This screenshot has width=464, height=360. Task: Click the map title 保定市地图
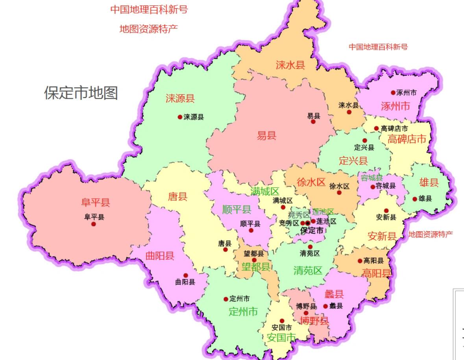pyautogui.click(x=81, y=93)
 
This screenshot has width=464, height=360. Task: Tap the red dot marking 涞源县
pyautogui.click(x=180, y=117)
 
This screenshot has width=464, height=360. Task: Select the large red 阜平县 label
pyautogui.click(x=95, y=203)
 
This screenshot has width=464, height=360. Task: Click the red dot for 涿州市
pyautogui.click(x=393, y=93)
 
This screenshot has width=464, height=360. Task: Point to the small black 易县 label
pyautogui.click(x=314, y=116)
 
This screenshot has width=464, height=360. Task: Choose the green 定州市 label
pyautogui.click(x=243, y=312)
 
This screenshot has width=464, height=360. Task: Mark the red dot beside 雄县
pyautogui.click(x=415, y=199)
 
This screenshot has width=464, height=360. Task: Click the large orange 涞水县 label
pyautogui.click(x=290, y=65)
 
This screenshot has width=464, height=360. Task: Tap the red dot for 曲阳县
pyautogui.click(x=186, y=275)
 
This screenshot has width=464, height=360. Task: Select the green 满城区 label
pyautogui.click(x=265, y=192)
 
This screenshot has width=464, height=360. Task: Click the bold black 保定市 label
pyautogui.click(x=312, y=231)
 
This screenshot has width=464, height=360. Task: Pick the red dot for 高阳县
pyautogui.click(x=360, y=261)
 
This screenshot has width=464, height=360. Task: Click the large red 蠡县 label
pyautogui.click(x=334, y=294)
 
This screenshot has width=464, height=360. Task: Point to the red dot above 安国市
pyautogui.click(x=282, y=321)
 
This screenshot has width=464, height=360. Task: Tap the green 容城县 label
pyautogui.click(x=372, y=178)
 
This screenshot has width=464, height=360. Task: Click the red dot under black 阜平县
pyautogui.click(x=94, y=224)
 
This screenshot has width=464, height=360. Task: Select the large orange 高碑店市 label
pyautogui.click(x=407, y=139)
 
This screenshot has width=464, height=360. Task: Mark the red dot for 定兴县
pyautogui.click(x=364, y=140)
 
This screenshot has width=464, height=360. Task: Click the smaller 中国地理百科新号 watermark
pyautogui.click(x=378, y=47)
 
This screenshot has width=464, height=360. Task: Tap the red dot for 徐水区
pyautogui.click(x=339, y=192)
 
